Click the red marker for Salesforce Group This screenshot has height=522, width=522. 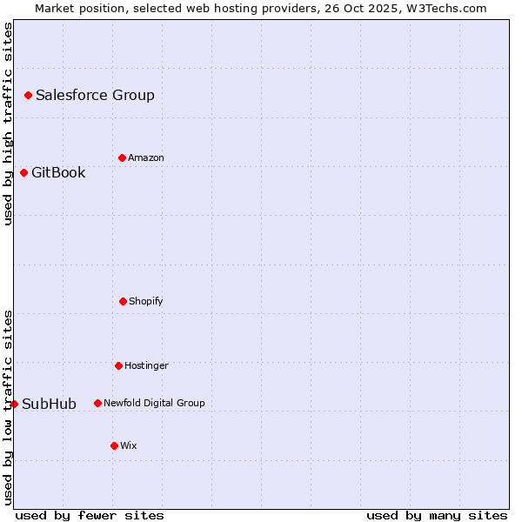(x=28, y=95)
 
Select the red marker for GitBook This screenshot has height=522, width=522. (x=23, y=172)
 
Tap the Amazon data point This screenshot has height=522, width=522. (x=122, y=157)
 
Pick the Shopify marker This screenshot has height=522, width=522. (x=123, y=301)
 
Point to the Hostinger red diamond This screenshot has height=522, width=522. (x=118, y=365)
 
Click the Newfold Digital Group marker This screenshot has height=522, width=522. (x=97, y=403)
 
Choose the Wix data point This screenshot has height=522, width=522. (x=114, y=445)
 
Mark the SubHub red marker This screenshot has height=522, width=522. (x=14, y=404)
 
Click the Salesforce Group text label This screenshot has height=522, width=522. (x=95, y=96)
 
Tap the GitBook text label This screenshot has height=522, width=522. (x=58, y=173)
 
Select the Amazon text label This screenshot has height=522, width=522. (x=146, y=158)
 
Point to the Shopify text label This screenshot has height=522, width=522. (x=146, y=302)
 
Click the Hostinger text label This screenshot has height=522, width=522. (x=146, y=366)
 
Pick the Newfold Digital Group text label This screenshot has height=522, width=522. (x=154, y=404)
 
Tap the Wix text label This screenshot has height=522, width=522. (x=129, y=446)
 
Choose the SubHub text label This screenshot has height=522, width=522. (x=49, y=405)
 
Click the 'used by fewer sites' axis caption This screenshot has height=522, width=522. (x=90, y=515)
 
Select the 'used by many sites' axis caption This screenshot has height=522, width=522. (x=437, y=515)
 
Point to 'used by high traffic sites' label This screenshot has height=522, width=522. (x=8, y=124)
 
